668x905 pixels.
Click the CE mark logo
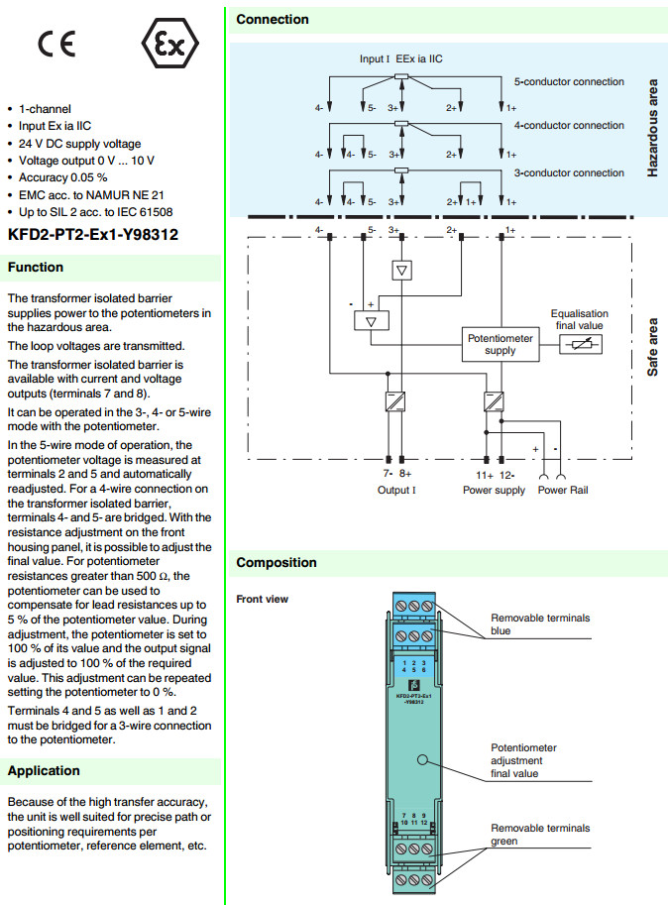[56, 44]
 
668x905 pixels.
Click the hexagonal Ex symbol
[171, 44]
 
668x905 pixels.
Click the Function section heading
[36, 268]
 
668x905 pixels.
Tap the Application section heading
[44, 771]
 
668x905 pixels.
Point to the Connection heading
[273, 20]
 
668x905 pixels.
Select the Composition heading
[277, 563]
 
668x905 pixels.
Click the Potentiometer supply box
[501, 344]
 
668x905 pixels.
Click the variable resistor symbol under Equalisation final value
[580, 344]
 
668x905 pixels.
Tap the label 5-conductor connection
[569, 82]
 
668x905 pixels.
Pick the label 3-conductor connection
[569, 173]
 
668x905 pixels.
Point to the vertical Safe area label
[652, 346]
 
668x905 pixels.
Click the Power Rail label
[563, 491]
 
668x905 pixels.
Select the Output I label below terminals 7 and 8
[396, 491]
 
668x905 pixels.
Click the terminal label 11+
[487, 475]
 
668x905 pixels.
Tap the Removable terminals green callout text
[540, 835]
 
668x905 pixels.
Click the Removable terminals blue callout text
[540, 624]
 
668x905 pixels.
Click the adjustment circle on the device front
[421, 760]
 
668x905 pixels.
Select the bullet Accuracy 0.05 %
[62, 176]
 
